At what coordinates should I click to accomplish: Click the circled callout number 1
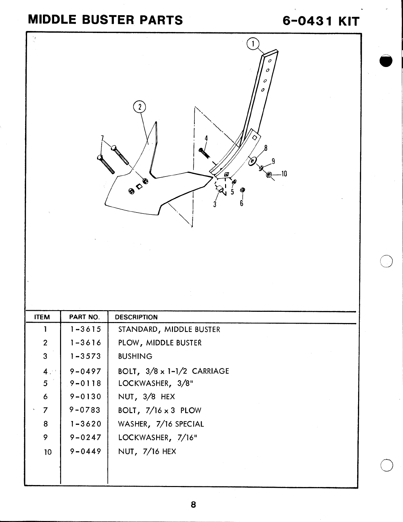pos(253,44)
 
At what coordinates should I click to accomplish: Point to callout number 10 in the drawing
pos(284,174)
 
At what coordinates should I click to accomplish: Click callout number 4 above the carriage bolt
pos(206,138)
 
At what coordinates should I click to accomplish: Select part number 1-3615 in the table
pos(85,329)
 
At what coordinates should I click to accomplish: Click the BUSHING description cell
pos(135,356)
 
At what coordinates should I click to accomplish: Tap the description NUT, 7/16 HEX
pos(147,451)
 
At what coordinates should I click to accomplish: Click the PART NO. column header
pos(84,317)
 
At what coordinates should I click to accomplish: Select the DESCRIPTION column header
pos(136,317)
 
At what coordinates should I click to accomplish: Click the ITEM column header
pos(42,317)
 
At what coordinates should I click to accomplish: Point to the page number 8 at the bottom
pos(193,505)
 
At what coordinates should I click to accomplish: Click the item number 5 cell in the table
pos(45,383)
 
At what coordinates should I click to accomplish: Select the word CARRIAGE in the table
pos(210,371)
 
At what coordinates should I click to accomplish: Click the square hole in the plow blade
pos(139,187)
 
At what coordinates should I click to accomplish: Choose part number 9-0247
pos(85,438)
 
